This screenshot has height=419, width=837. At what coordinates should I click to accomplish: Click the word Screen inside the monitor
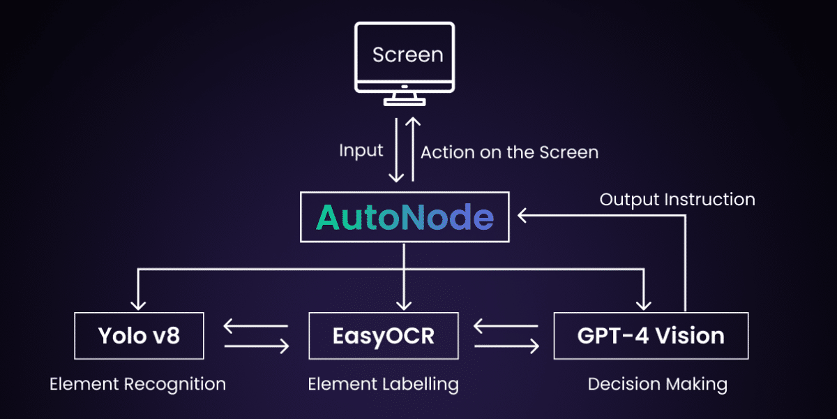407,54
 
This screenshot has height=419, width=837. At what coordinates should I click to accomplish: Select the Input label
361,151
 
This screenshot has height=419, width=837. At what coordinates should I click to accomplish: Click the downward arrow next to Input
395,151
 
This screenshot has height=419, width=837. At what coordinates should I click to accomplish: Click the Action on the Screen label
509,152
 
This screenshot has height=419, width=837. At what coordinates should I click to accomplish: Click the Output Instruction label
677,200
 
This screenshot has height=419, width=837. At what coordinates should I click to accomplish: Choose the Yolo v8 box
139,336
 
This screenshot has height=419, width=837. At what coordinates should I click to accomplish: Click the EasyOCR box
384,336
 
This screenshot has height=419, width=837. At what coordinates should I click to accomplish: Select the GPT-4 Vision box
650,336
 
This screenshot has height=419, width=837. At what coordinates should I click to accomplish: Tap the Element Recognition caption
137,384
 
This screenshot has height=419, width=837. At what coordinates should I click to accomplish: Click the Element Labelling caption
384,384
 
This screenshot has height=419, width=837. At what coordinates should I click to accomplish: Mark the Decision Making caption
657,384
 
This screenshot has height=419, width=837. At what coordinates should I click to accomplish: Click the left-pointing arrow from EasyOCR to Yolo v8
255,325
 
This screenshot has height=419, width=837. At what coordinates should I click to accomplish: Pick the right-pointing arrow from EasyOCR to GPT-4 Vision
506,346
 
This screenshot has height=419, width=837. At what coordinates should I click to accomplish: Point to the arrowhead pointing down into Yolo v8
139,304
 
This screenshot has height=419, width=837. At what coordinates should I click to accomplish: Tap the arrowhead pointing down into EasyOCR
405,304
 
